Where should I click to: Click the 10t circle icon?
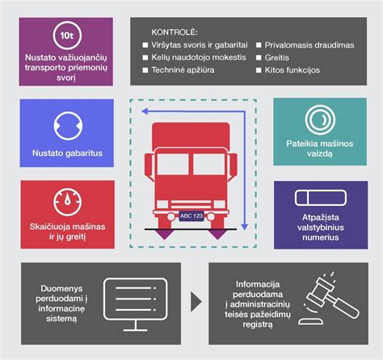tap(67, 36)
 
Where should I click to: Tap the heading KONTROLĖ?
tap(175, 32)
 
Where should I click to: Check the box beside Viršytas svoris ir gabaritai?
tap(145, 45)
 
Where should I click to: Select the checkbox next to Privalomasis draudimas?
tap(259, 45)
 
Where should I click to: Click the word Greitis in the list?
tap(276, 57)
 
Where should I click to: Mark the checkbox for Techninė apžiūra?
tap(145, 70)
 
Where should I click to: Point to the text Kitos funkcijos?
tap(293, 70)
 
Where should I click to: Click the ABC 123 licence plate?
tap(191, 216)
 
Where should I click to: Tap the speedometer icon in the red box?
tap(67, 202)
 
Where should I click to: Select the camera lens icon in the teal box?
tap(320, 119)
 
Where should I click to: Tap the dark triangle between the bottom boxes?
tap(196, 302)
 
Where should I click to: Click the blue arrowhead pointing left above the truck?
tap(145, 111)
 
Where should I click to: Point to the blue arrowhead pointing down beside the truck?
tap(244, 227)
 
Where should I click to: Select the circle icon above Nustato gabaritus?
tap(68, 126)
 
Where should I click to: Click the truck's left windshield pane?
tap(173, 164)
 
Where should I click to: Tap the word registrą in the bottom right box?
tap(258, 324)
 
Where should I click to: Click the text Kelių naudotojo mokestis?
tap(199, 57)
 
